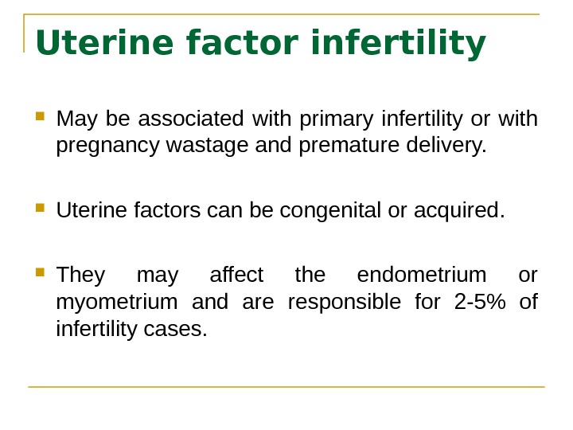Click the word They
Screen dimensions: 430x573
tap(80, 275)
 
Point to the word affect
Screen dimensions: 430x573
tap(236, 275)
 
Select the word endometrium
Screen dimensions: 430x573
tap(421, 275)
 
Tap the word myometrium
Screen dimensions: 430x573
tap(117, 303)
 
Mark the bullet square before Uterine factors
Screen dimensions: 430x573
tap(41, 209)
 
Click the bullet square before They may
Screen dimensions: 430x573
tap(41, 272)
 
